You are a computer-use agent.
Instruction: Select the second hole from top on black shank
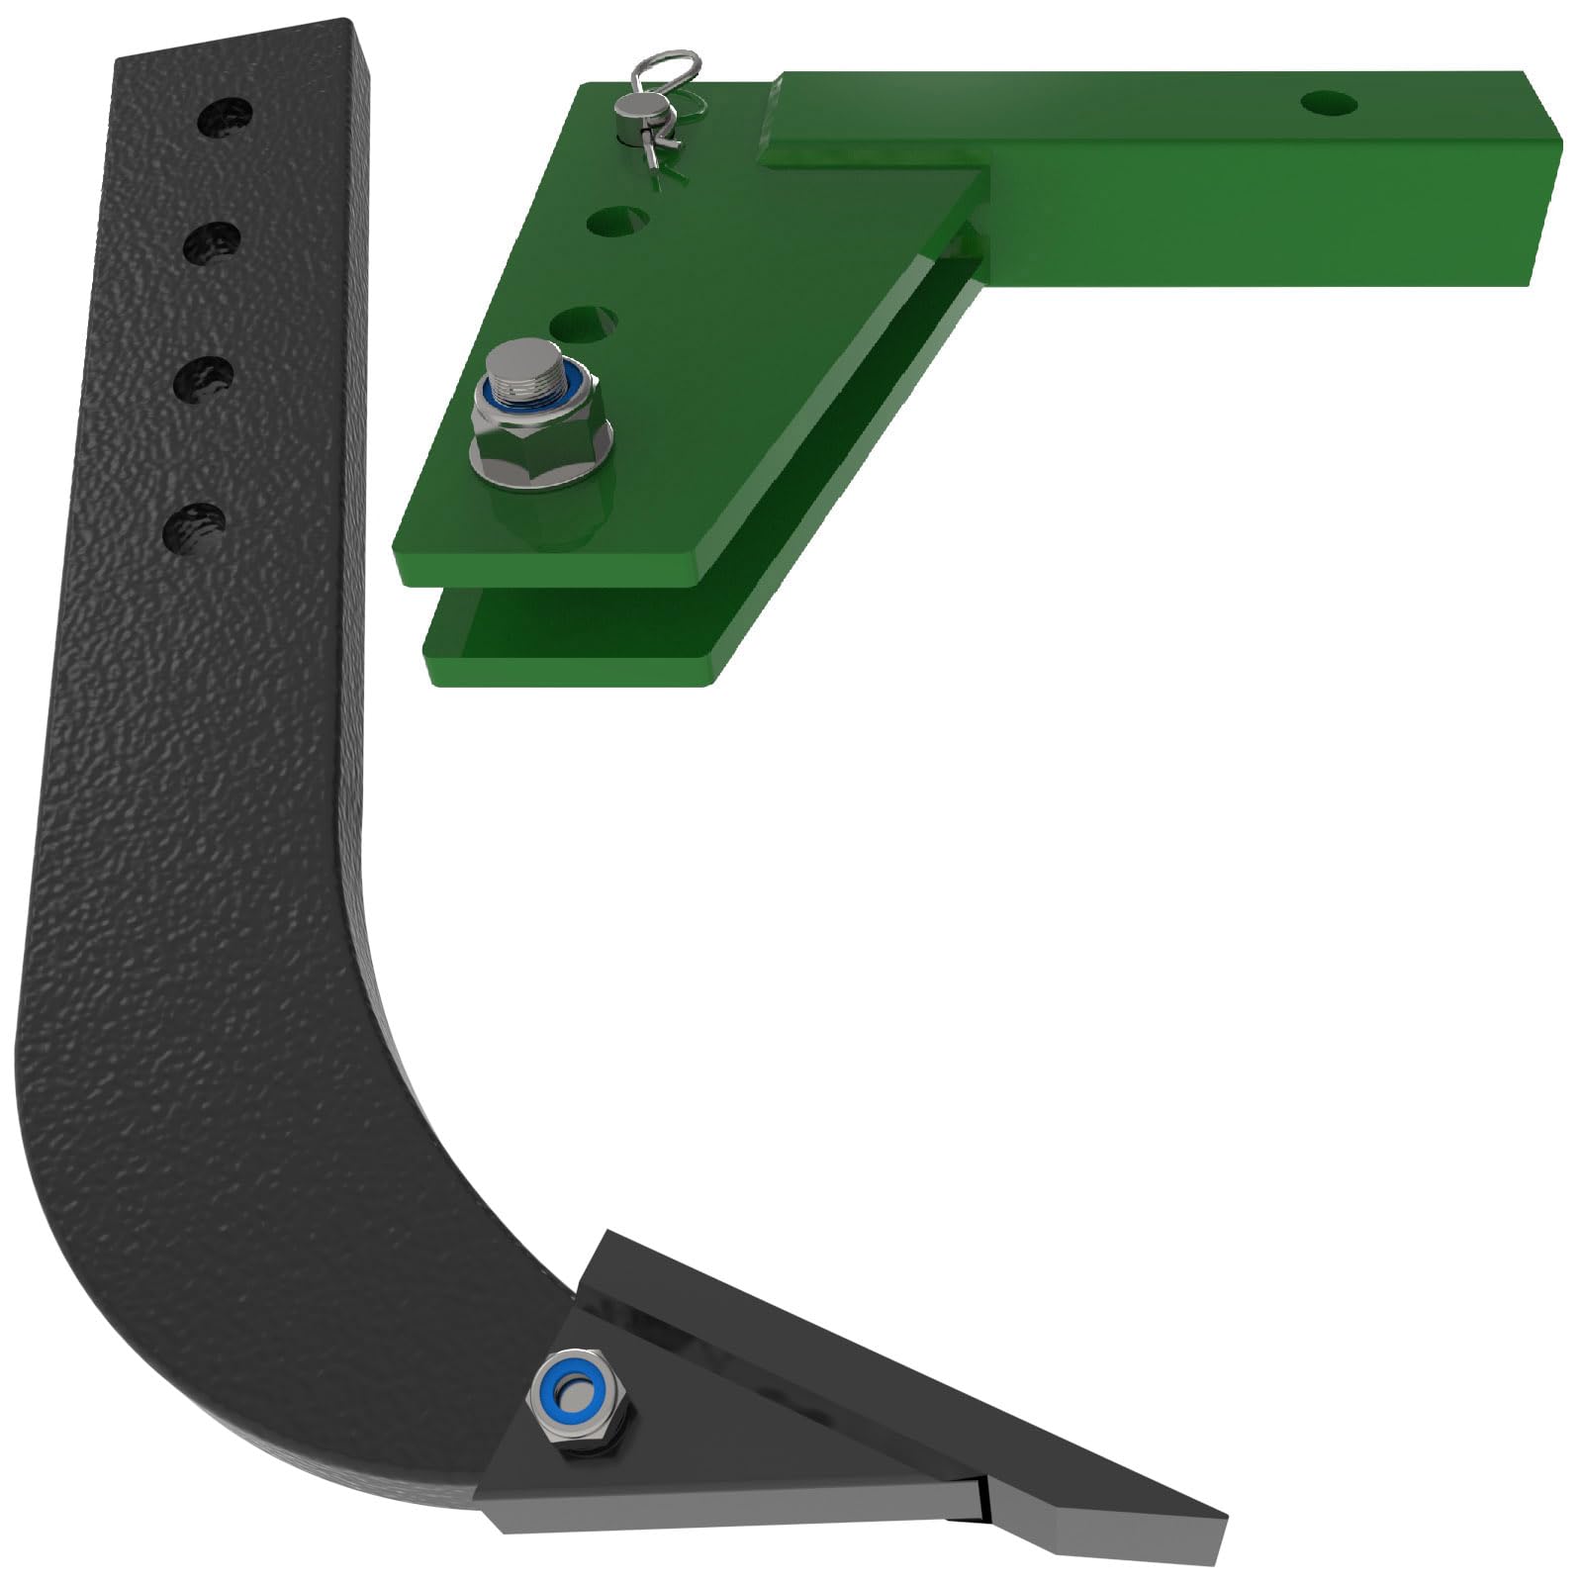coord(212,243)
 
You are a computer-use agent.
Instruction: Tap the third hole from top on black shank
coord(205,380)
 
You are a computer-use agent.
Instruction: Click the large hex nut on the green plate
coord(539,435)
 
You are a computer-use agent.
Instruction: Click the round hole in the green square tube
coord(1329,102)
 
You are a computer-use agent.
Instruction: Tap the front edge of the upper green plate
coord(554,572)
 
